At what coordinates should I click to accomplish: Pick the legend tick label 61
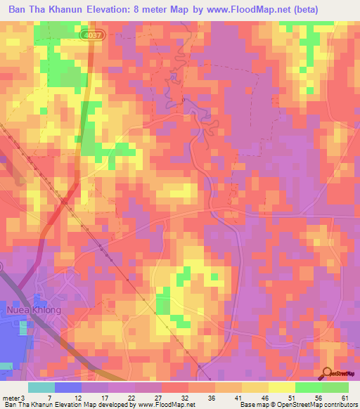point(344,398)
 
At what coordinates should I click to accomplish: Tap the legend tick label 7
point(49,398)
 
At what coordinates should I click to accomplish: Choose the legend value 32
point(183,398)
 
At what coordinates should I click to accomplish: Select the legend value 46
point(264,398)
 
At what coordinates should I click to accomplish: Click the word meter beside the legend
point(11,398)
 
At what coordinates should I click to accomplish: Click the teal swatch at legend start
point(41,387)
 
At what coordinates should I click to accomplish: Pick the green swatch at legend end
point(335,387)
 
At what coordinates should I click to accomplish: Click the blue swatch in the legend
point(68,387)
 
